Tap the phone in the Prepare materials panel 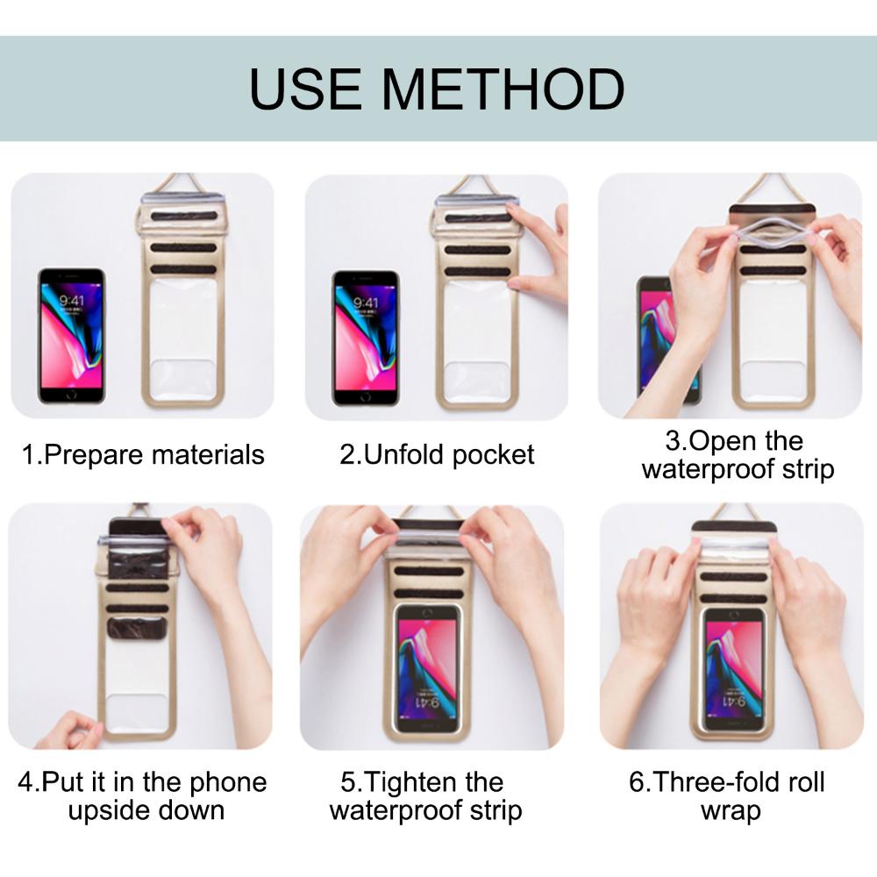tap(71, 336)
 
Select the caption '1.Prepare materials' tap(143, 455)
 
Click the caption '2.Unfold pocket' tap(437, 455)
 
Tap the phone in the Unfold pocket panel tap(366, 336)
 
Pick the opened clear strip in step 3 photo tap(772, 232)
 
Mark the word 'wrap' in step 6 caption tap(730, 809)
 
